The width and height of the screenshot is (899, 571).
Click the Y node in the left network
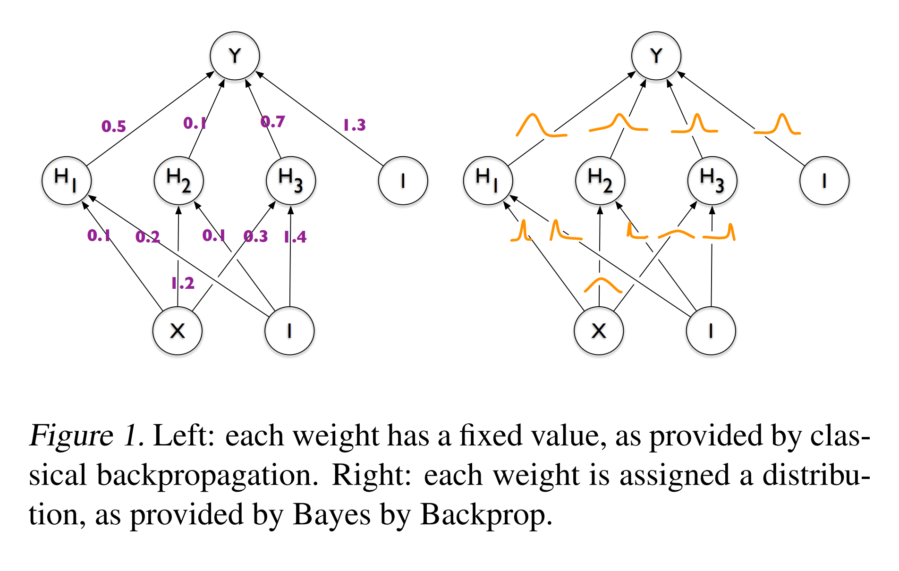click(235, 56)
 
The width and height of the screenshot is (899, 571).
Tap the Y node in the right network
click(656, 56)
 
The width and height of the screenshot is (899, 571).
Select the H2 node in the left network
click(178, 180)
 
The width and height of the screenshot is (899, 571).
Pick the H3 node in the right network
click(712, 180)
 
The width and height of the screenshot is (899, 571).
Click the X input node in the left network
click(178, 331)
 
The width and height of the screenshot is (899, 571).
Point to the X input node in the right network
click(599, 331)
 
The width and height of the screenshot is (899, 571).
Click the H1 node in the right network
click(488, 180)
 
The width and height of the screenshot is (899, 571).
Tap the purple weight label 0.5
click(114, 126)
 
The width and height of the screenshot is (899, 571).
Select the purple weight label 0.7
click(272, 122)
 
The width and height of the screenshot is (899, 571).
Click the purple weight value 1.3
click(355, 125)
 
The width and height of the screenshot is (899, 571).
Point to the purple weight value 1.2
click(183, 283)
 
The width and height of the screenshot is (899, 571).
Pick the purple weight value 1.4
click(295, 237)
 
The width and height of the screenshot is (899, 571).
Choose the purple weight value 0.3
click(255, 236)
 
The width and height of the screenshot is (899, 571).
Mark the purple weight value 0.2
click(147, 237)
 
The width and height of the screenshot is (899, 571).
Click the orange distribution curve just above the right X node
click(603, 285)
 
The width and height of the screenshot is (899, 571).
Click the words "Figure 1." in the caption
click(86, 435)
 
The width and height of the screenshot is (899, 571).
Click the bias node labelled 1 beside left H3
click(403, 180)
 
